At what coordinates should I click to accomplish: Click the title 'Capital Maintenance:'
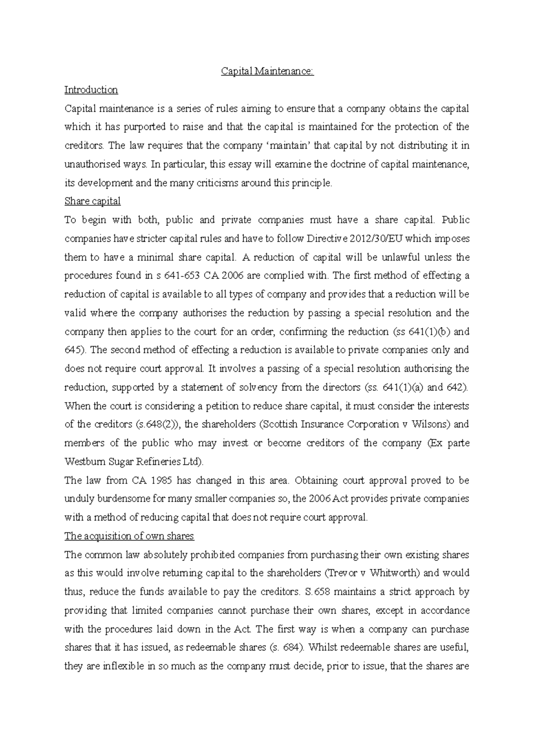tap(267, 71)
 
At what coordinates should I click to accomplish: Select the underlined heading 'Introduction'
tap(91, 90)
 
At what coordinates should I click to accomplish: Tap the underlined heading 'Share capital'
tap(93, 201)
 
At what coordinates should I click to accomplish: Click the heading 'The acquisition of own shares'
tap(129, 536)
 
